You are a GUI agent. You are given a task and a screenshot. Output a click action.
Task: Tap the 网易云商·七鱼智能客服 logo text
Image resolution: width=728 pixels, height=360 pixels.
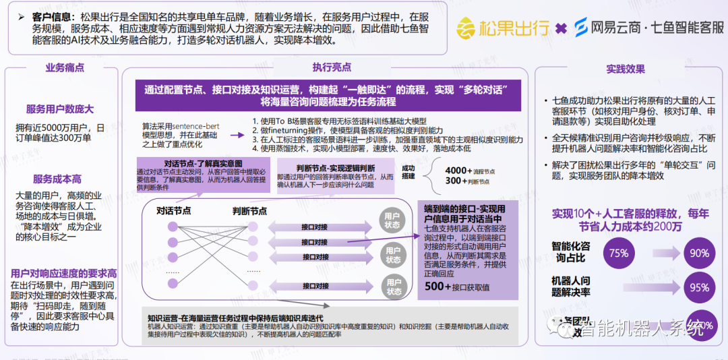pyautogui.click(x=648, y=28)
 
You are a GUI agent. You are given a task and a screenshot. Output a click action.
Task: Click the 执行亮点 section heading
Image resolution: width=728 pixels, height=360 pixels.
pyautogui.click(x=332, y=67)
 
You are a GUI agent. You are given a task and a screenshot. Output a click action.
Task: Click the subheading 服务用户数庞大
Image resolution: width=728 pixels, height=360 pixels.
pyautogui.click(x=59, y=109)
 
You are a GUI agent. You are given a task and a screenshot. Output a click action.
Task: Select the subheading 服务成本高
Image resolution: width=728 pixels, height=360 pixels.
pyautogui.click(x=57, y=179)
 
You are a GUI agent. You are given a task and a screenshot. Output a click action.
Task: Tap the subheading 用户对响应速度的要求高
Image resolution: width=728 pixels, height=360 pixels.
pyautogui.click(x=63, y=273)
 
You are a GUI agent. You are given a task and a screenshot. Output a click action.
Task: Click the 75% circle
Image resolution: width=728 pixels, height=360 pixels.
pyautogui.click(x=618, y=253)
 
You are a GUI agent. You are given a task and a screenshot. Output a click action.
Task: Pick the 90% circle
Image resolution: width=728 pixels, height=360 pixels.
pyautogui.click(x=699, y=253)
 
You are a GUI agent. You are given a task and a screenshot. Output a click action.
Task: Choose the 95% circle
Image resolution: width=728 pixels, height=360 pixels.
pyautogui.click(x=699, y=288)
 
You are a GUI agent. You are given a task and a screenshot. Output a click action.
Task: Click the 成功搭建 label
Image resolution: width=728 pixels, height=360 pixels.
pyautogui.click(x=408, y=172)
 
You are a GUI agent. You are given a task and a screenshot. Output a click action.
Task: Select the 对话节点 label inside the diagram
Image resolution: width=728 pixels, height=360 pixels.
pyautogui.click(x=174, y=211)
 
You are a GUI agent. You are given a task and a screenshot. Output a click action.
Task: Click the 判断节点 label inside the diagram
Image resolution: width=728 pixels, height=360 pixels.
pyautogui.click(x=249, y=211)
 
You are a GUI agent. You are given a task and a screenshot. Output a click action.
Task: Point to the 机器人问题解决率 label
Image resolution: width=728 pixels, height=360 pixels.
pyautogui.click(x=572, y=286)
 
